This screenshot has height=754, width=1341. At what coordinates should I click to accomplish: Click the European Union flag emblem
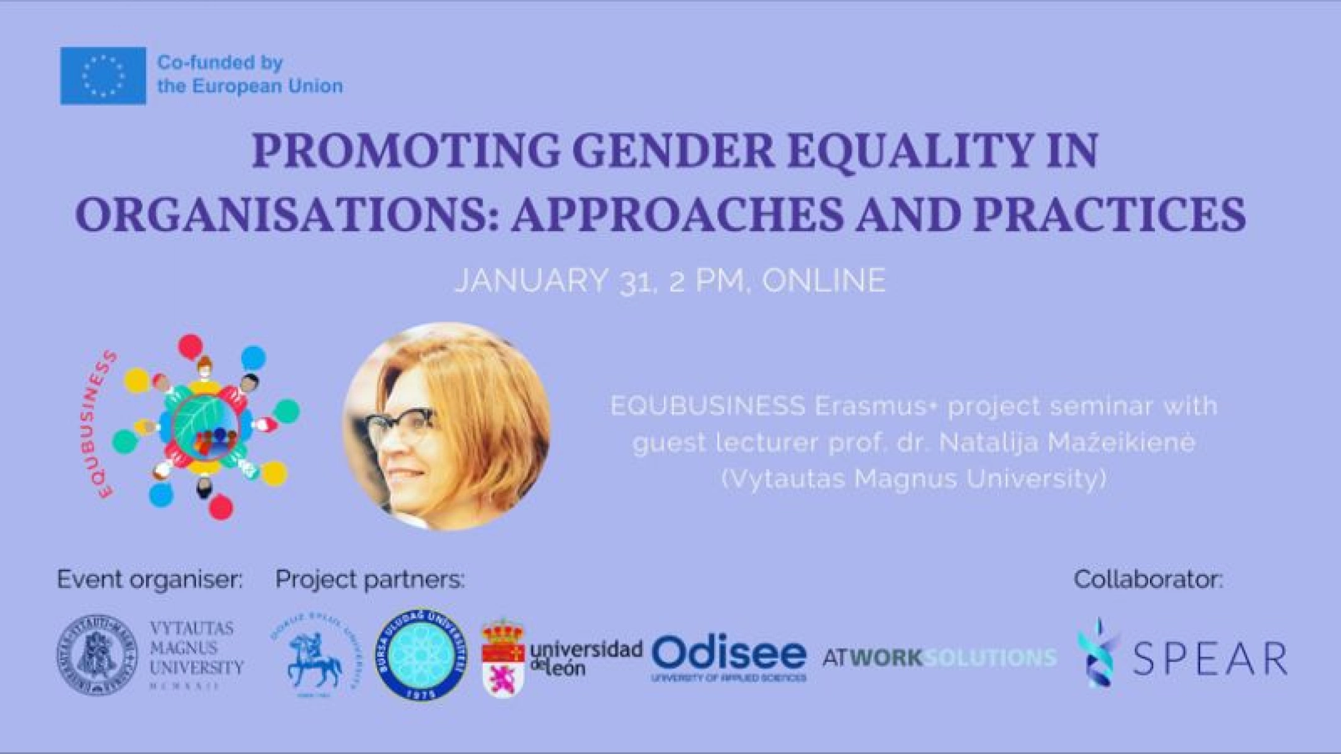pyautogui.click(x=103, y=76)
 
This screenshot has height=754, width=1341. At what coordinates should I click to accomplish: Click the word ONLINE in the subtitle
pyautogui.click(x=824, y=280)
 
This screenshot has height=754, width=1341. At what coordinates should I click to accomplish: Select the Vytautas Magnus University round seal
pyautogui.click(x=98, y=656)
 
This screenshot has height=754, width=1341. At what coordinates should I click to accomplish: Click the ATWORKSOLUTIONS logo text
pyautogui.click(x=939, y=658)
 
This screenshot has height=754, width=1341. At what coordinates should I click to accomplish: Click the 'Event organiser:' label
pyautogui.click(x=150, y=579)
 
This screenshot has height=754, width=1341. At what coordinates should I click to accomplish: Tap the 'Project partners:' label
pyautogui.click(x=370, y=579)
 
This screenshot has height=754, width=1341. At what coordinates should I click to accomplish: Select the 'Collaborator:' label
pyautogui.click(x=1148, y=579)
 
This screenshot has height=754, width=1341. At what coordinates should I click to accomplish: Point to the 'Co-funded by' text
pyautogui.click(x=220, y=63)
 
